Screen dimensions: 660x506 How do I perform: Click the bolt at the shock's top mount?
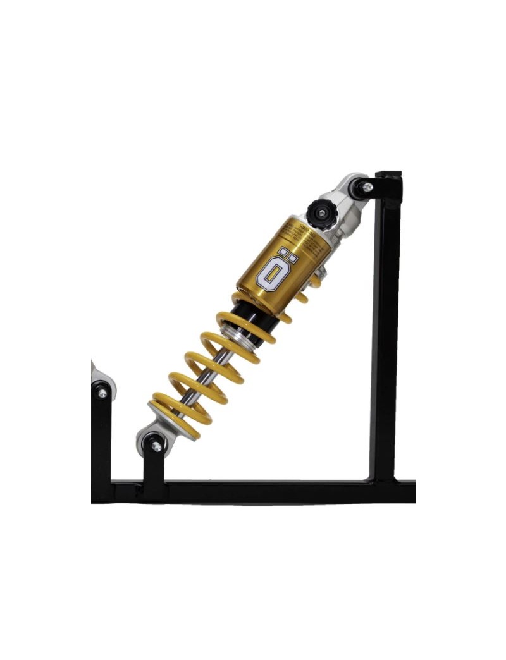tap(367, 187)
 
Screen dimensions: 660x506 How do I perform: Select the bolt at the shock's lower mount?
tap(156, 446)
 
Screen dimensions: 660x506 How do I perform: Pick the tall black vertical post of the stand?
tap(384, 329)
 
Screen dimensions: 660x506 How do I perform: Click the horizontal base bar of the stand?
tap(266, 491)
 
